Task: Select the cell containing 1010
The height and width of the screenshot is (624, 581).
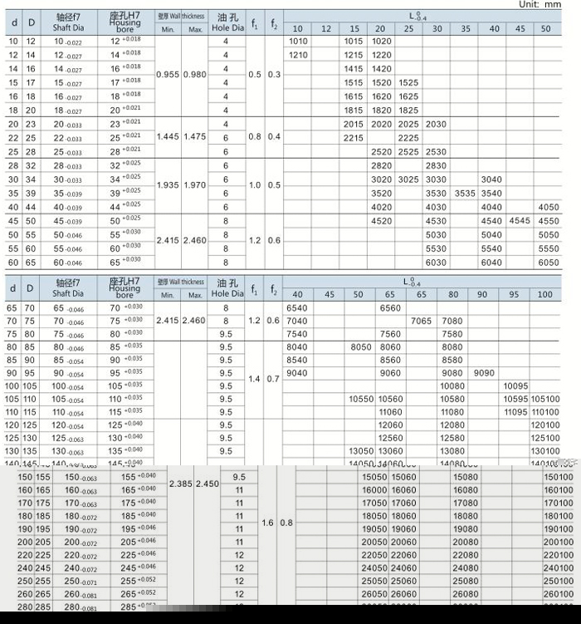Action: pyautogui.click(x=297, y=42)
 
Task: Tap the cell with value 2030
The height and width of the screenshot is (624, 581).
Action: pyautogui.click(x=436, y=125)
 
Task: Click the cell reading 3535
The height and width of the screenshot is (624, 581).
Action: pyautogui.click(x=465, y=193)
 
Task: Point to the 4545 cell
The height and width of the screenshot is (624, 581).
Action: pyautogui.click(x=520, y=221)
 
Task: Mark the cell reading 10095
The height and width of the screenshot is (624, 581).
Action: pyautogui.click(x=515, y=386)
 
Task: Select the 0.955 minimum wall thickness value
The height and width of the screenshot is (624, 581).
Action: pyautogui.click(x=168, y=75)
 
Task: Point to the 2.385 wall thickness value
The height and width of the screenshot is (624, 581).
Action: pyautogui.click(x=181, y=483)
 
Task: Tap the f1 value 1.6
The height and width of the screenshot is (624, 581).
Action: pyautogui.click(x=266, y=523)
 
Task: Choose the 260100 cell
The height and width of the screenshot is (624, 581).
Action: pyautogui.click(x=558, y=595)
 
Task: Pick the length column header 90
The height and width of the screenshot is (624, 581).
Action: pyautogui.click(x=484, y=295)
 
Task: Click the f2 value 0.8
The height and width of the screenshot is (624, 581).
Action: pyautogui.click(x=286, y=523)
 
